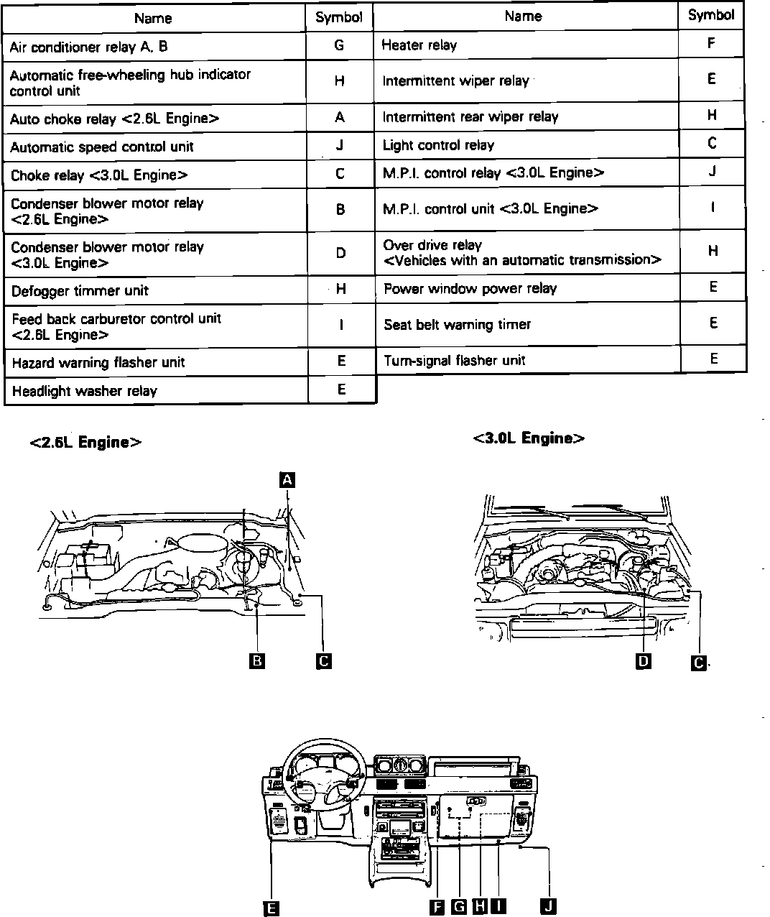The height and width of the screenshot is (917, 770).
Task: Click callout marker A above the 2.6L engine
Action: tap(287, 479)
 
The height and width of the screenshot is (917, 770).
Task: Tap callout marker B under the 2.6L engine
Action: tap(256, 660)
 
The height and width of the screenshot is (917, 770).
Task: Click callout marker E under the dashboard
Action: tap(271, 908)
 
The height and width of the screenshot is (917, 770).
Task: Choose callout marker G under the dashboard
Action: tap(458, 906)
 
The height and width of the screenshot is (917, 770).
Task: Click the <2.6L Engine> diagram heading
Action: tap(85, 443)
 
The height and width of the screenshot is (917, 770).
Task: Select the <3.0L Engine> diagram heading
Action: tap(529, 438)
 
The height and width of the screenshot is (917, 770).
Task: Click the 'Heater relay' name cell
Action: tap(419, 45)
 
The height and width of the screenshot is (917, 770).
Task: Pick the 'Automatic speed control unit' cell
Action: tap(102, 147)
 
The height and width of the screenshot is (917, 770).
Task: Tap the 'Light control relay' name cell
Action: tap(438, 145)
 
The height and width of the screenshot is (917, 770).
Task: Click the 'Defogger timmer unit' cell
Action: tap(80, 291)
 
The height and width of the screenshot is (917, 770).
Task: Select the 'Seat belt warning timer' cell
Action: tap(457, 325)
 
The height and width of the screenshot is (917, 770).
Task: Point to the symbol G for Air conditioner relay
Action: tap(339, 46)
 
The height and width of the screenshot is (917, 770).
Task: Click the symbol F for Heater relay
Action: tap(710, 43)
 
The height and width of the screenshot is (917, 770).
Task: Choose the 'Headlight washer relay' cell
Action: tap(85, 391)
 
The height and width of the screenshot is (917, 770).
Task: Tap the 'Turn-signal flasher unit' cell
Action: tap(454, 360)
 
